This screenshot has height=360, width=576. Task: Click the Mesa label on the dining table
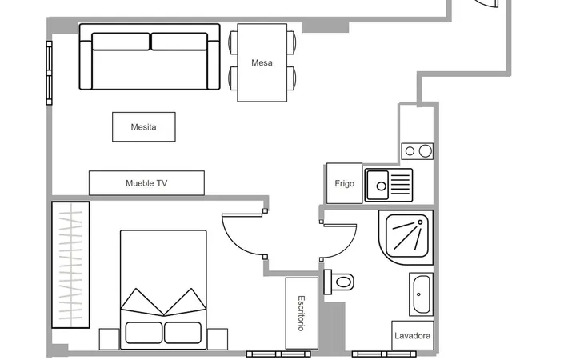[262, 63]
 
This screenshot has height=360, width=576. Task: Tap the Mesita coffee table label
[144, 127]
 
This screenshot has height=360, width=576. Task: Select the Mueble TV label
[146, 183]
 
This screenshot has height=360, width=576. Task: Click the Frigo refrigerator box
[344, 183]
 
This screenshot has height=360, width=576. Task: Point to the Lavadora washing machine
[413, 335]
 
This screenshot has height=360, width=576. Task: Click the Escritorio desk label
[302, 314]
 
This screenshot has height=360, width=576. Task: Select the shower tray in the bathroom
[406, 238]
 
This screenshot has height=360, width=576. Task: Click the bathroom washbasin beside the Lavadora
[421, 294]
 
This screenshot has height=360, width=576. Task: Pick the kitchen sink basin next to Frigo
[378, 185]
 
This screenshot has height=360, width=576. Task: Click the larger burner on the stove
[426, 151]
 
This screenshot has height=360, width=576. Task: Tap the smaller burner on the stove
[410, 151]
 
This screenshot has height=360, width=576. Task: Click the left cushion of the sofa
[121, 42]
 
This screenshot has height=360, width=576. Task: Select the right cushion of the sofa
[179, 42]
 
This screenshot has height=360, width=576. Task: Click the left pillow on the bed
[144, 333]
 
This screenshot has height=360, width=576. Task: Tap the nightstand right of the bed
[218, 339]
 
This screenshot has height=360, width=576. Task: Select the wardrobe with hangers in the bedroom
[70, 265]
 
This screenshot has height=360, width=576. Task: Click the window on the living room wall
[50, 73]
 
